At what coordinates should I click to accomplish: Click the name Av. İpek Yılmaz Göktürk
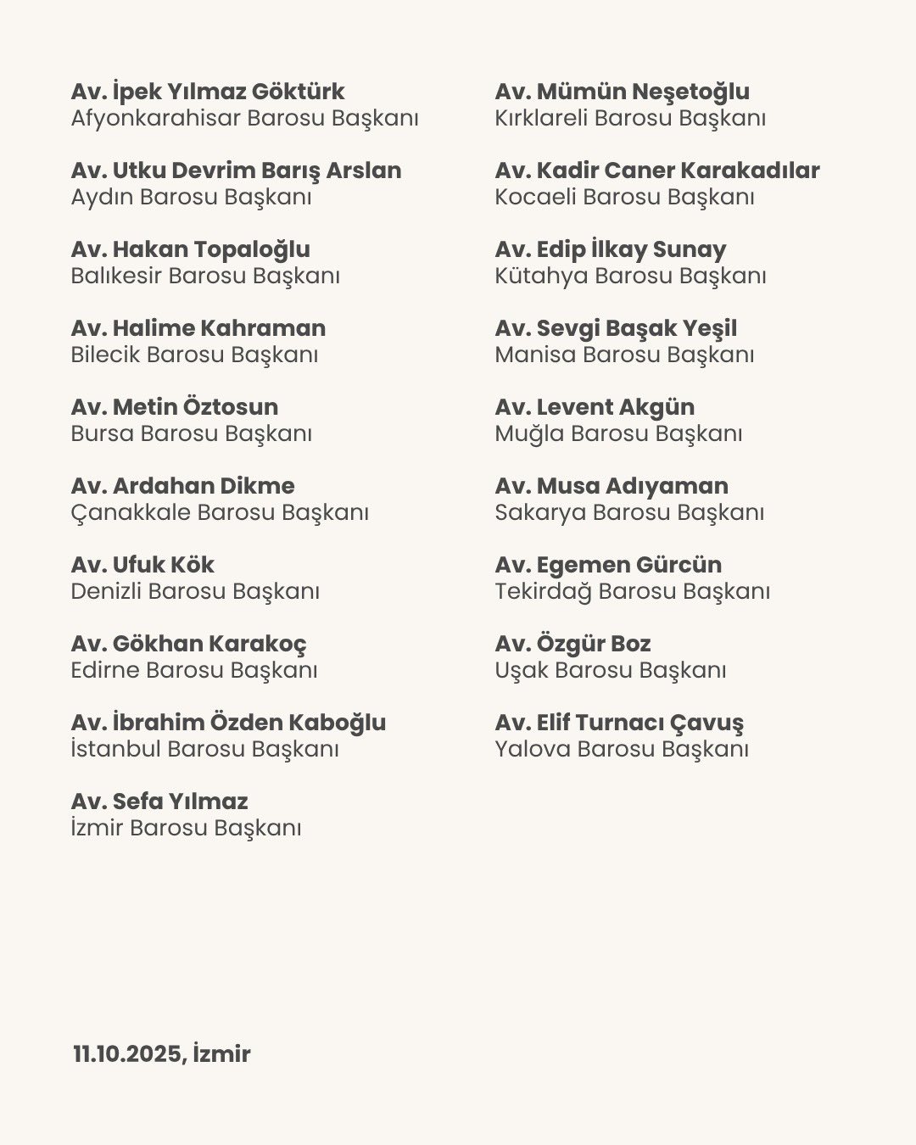coord(208,92)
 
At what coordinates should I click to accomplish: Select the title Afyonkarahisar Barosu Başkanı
coord(244,119)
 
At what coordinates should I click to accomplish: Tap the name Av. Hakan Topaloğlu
coord(190,249)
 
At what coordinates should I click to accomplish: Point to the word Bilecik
coord(105,355)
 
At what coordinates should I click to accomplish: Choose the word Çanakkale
coord(131,512)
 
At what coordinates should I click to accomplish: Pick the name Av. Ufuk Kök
coord(142,565)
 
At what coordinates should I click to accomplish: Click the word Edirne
coord(104,670)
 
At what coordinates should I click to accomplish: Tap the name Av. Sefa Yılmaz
coord(159,801)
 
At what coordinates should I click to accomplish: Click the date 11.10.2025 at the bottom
coord(126,1054)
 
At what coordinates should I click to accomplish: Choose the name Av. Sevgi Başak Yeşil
coord(616,328)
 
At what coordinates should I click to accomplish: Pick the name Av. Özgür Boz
coord(572,644)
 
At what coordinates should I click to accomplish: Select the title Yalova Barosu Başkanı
coord(622,749)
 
